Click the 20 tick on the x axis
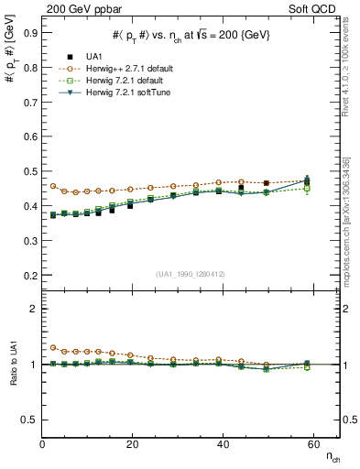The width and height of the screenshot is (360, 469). tap(133, 444)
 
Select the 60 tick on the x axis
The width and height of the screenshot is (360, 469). tap(312, 444)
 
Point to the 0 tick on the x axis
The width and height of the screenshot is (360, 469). tap(43, 444)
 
